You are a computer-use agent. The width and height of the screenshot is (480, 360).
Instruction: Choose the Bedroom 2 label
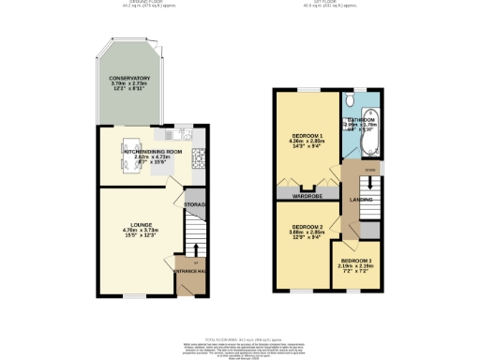point(307,227)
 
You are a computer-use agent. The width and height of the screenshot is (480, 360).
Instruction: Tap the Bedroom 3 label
point(354,260)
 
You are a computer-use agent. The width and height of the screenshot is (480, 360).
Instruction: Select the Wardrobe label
point(307,197)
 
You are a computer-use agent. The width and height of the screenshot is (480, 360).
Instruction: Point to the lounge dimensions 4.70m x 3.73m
point(143,231)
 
